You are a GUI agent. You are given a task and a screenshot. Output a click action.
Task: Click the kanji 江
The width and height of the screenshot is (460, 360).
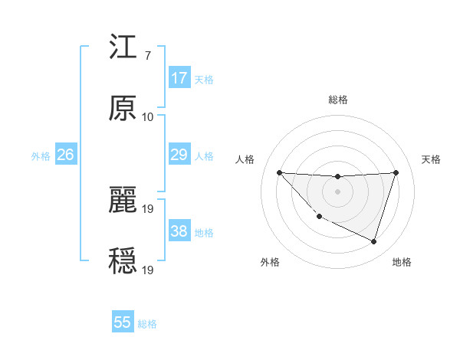pos(123,48)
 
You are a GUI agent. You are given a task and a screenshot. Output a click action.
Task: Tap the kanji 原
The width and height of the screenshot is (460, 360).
pos(123,109)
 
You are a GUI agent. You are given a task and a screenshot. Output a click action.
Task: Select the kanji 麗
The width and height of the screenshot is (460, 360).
pos(123,200)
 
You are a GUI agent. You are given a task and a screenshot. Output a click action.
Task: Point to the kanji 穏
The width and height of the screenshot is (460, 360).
pos(123,260)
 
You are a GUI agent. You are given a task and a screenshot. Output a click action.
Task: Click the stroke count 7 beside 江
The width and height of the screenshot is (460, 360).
pos(147,56)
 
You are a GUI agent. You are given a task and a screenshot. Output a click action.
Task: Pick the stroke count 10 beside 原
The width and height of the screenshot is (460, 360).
pos(147,116)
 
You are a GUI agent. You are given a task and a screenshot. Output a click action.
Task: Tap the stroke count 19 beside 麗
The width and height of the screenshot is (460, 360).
pos(149,208)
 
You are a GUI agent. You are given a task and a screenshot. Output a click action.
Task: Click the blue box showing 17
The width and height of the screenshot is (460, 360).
pos(179,78)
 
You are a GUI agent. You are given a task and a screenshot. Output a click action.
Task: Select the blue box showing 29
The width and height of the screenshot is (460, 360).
pos(179,155)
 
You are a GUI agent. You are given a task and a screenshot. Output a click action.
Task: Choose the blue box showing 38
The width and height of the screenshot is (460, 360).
pos(179,231)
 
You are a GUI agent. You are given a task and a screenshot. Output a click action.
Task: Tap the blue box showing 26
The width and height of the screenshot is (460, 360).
pos(65,155)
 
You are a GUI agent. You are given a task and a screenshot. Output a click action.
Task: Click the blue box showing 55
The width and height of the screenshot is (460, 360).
pos(123,322)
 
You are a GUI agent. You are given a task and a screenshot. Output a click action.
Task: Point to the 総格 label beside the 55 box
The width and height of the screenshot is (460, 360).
pos(147,324)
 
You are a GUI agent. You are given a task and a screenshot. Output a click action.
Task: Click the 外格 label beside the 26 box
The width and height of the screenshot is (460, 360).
pos(41,156)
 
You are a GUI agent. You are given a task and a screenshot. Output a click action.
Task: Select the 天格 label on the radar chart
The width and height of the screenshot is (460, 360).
pos(431,159)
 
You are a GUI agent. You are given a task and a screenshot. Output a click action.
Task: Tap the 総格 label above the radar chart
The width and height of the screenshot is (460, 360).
pos(338,100)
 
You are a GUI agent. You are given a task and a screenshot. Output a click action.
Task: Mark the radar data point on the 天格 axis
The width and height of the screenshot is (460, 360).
pos(396,172)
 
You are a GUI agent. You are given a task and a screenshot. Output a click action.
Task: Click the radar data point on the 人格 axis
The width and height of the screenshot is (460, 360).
pos(279,172)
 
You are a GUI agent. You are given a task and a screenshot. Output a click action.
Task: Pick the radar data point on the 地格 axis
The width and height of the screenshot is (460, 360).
pos(373,241)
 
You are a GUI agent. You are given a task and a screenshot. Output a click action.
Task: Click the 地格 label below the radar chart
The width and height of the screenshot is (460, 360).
pos(402,262)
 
